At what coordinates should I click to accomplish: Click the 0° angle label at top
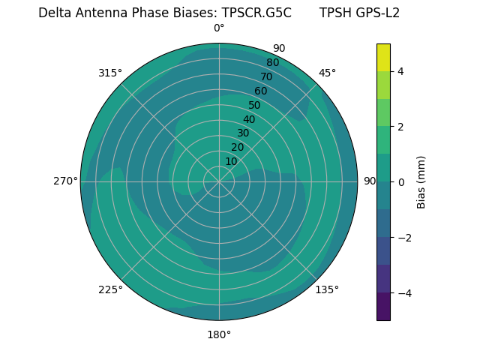219,28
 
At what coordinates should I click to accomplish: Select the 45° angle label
327,73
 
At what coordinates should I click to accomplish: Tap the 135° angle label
326,289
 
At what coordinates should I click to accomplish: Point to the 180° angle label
219,334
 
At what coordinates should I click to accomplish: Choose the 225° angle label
110,289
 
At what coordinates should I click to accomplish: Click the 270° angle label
65,181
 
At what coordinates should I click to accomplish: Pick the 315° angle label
110,73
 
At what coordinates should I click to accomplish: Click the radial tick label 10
231,161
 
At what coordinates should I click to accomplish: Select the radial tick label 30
243,133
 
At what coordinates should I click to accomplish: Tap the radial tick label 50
254,105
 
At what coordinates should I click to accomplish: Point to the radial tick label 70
266,76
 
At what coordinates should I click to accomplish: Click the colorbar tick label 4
400,71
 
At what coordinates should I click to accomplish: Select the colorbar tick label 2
400,127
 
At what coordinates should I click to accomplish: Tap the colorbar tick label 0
400,182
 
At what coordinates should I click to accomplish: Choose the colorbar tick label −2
403,238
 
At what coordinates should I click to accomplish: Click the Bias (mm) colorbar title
421,182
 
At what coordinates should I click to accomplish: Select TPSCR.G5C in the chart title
256,13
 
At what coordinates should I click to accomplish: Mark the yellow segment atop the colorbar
383,57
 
